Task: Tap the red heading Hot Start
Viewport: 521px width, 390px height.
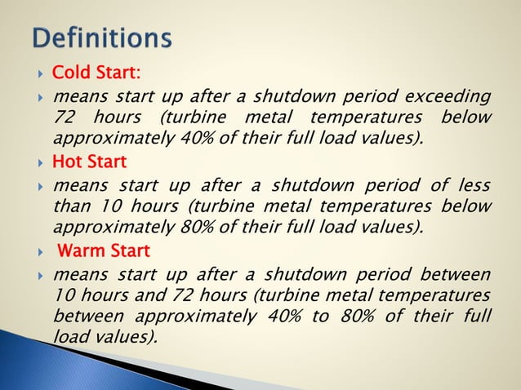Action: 89,162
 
